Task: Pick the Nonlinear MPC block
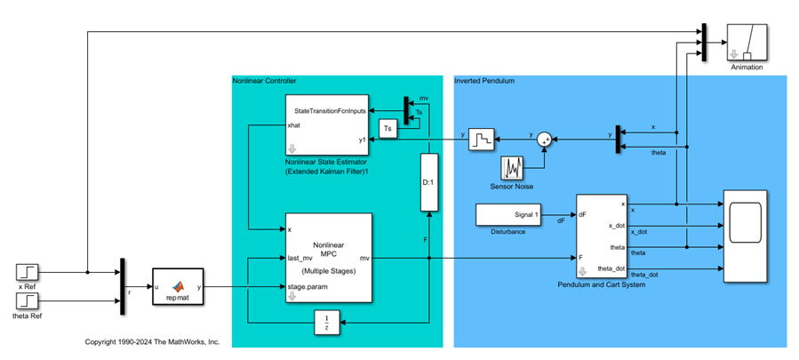tap(327, 259)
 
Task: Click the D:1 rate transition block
tap(429, 182)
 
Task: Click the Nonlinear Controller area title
tap(263, 81)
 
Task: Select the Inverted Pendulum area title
tap(484, 81)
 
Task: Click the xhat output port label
tap(294, 126)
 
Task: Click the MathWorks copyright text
tap(152, 341)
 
